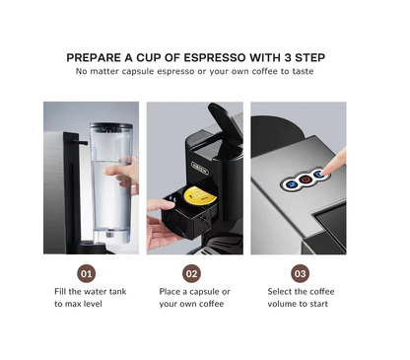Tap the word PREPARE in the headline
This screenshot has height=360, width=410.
(97, 57)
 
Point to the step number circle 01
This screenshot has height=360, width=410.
(88, 273)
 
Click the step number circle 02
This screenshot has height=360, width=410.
(192, 273)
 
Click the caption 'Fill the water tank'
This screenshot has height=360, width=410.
(89, 292)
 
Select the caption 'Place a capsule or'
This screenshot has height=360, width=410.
(194, 292)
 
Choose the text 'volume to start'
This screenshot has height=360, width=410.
(298, 305)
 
